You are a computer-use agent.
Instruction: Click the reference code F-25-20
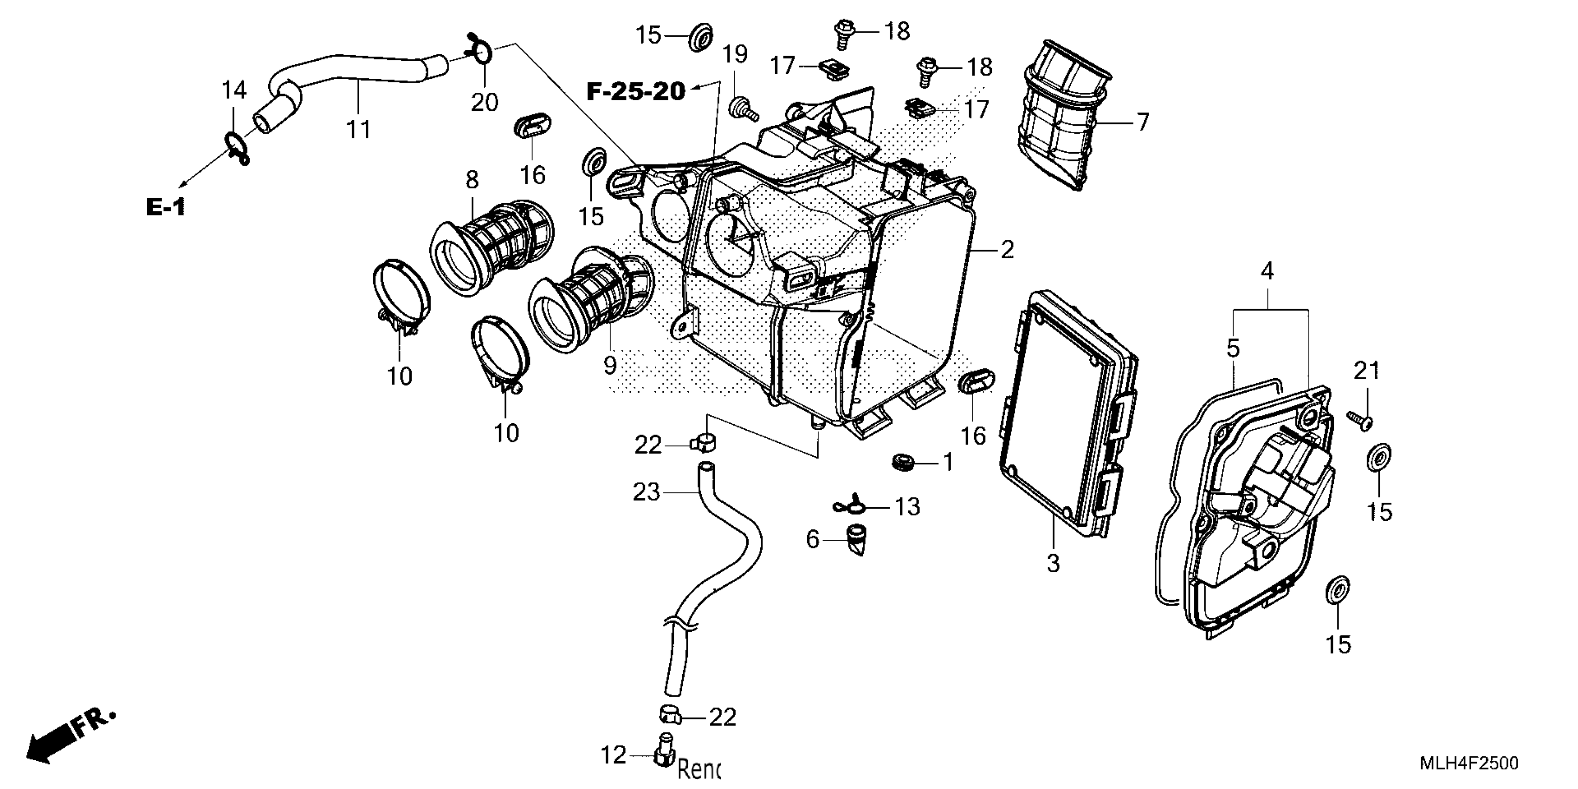[636, 92]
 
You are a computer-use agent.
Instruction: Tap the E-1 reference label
[165, 207]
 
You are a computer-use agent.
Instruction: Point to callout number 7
[1143, 123]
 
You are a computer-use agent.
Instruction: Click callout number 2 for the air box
[1007, 250]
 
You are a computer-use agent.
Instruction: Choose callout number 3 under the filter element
[1053, 563]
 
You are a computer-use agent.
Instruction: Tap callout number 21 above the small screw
[1367, 371]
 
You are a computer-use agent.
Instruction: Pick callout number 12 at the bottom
[613, 755]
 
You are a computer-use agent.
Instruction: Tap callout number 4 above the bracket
[1267, 271]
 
